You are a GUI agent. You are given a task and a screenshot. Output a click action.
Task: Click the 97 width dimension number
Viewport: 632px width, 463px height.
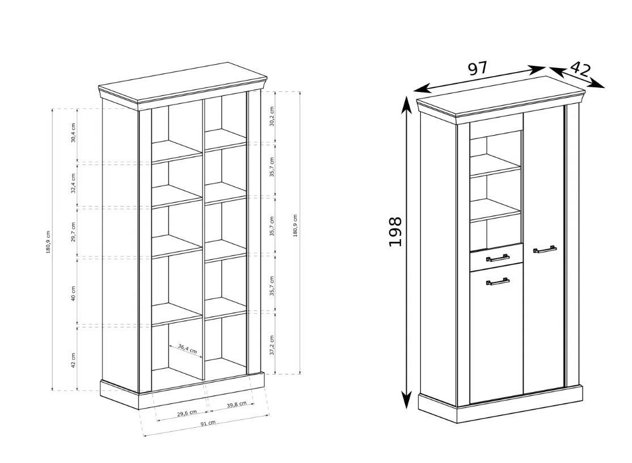click(x=478, y=68)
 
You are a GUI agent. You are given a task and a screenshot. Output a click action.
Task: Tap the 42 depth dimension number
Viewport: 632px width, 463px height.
click(x=580, y=69)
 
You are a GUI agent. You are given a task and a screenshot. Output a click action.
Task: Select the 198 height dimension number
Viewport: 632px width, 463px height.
click(x=395, y=231)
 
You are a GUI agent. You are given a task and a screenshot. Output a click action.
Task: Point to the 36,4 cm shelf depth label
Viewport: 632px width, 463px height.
click(x=187, y=348)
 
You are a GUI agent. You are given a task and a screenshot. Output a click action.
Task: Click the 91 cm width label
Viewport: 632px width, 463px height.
click(x=208, y=423)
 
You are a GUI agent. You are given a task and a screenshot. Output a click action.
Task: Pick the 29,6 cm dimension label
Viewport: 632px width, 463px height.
click(x=187, y=413)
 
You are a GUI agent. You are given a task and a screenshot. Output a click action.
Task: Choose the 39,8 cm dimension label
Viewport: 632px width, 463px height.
click(x=237, y=405)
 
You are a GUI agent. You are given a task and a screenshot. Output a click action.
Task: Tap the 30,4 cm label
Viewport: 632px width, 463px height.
click(x=73, y=133)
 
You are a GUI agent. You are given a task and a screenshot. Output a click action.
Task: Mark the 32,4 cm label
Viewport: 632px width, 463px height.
click(x=73, y=183)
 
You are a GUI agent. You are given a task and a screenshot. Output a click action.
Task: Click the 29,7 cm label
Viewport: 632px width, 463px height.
click(x=73, y=232)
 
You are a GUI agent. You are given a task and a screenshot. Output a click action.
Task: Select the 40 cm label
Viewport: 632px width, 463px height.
click(x=73, y=294)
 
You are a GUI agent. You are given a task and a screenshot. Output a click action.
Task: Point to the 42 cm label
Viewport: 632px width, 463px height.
click(x=73, y=360)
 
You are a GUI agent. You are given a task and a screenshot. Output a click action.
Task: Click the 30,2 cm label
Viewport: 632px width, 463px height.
click(x=272, y=116)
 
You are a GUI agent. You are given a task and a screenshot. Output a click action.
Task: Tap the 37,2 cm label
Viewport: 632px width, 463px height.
click(x=272, y=345)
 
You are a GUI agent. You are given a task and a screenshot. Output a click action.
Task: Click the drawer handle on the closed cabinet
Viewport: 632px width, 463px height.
click(x=498, y=258)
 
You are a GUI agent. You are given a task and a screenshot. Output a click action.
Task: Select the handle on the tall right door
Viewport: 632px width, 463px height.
click(x=545, y=250)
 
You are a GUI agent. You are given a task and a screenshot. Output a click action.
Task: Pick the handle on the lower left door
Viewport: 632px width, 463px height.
click(x=498, y=281)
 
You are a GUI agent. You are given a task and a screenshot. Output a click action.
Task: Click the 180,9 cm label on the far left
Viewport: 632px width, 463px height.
click(x=48, y=242)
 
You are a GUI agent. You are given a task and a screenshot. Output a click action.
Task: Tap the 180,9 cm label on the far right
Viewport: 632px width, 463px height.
click(x=296, y=226)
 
